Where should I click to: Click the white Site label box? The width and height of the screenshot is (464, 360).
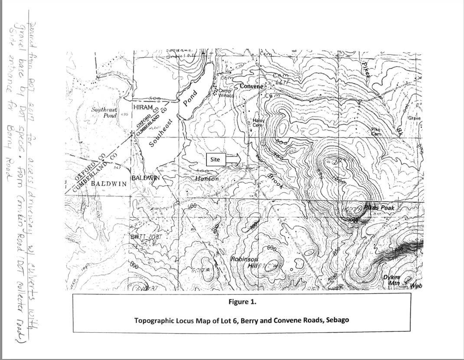tap(215, 159)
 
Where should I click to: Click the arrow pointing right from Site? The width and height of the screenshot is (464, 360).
tap(233, 159)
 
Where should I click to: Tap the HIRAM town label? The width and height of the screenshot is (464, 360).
tap(143, 107)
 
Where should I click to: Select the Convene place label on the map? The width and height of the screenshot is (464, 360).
tap(251, 86)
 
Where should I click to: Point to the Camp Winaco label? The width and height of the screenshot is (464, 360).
tap(225, 93)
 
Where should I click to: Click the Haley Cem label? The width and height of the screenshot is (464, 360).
tap(258, 123)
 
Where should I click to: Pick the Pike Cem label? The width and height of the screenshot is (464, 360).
tap(376, 132)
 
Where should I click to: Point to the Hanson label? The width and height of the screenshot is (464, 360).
tap(207, 178)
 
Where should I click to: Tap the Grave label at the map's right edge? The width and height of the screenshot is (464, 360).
tap(414, 118)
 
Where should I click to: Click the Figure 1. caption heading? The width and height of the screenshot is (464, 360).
tap(242, 301)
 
